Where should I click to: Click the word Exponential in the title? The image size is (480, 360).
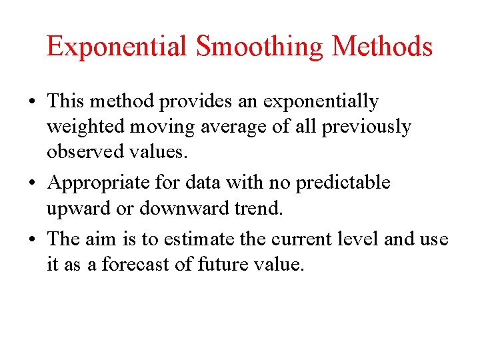[117, 47]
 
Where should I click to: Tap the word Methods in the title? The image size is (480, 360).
[382, 47]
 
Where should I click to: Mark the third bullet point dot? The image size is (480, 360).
[32, 239]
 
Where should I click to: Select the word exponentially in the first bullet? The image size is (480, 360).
[321, 102]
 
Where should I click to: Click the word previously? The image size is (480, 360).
[366, 127]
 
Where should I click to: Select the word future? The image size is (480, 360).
[223, 265]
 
